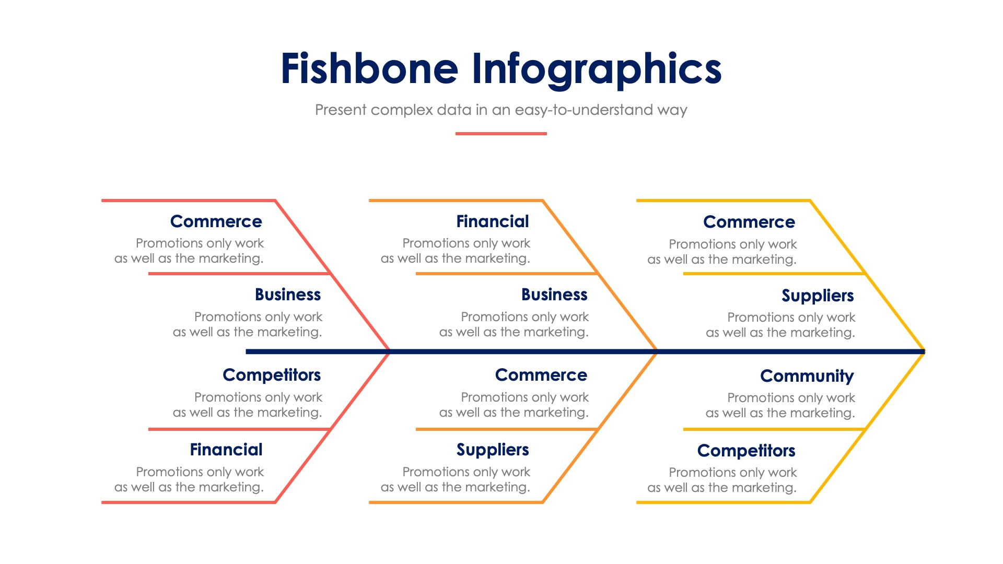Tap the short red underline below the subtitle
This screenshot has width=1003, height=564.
click(500, 134)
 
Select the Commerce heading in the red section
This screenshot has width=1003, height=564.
click(216, 221)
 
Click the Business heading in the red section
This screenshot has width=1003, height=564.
click(288, 295)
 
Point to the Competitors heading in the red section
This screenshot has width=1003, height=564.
click(272, 375)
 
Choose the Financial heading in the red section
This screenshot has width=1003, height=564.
click(226, 450)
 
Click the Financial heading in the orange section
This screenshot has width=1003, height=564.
click(493, 221)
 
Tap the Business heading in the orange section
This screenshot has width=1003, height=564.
click(554, 295)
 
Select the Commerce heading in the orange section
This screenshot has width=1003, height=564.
click(541, 375)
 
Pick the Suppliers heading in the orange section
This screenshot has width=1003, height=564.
click(493, 450)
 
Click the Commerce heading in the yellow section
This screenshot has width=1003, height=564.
click(749, 222)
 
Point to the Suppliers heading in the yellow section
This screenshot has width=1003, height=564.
click(818, 296)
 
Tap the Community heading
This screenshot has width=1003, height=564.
click(807, 376)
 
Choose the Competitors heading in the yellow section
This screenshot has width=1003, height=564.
click(746, 451)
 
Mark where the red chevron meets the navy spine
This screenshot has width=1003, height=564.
click(389, 351)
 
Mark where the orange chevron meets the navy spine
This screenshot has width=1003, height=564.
click(657, 351)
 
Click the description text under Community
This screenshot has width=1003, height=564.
click(780, 405)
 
